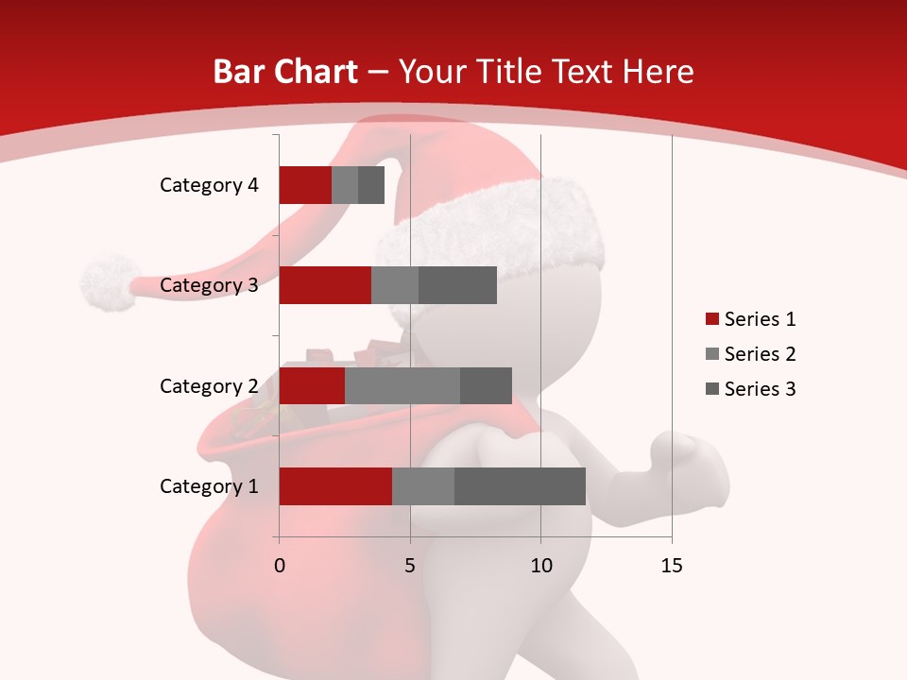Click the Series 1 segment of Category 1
point(335,486)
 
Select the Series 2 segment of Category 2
point(402,385)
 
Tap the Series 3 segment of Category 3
point(457,285)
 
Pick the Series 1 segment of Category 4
point(305,185)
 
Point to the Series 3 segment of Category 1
point(520,486)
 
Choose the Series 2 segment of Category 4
point(345,185)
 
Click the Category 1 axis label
point(209,486)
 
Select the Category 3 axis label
point(209,285)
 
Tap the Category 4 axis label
point(209,185)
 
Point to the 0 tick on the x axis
point(279,566)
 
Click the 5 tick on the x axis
point(410,566)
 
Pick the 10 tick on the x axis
point(540,566)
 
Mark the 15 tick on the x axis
point(672,566)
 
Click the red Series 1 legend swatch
point(711,319)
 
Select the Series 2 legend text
point(760,354)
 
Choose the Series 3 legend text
point(760,389)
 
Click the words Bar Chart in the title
point(285,72)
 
